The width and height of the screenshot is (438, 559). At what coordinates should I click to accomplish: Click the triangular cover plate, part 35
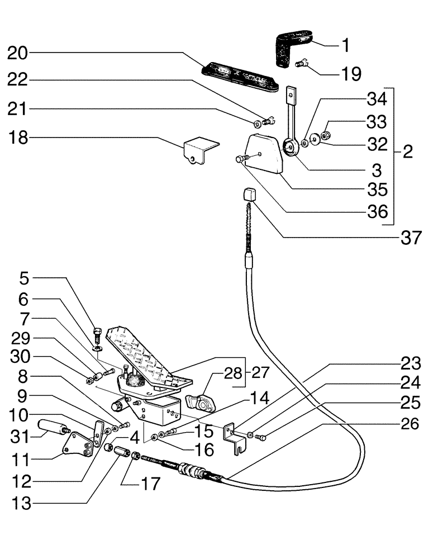(263, 154)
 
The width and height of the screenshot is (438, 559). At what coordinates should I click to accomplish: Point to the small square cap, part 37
(249, 196)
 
